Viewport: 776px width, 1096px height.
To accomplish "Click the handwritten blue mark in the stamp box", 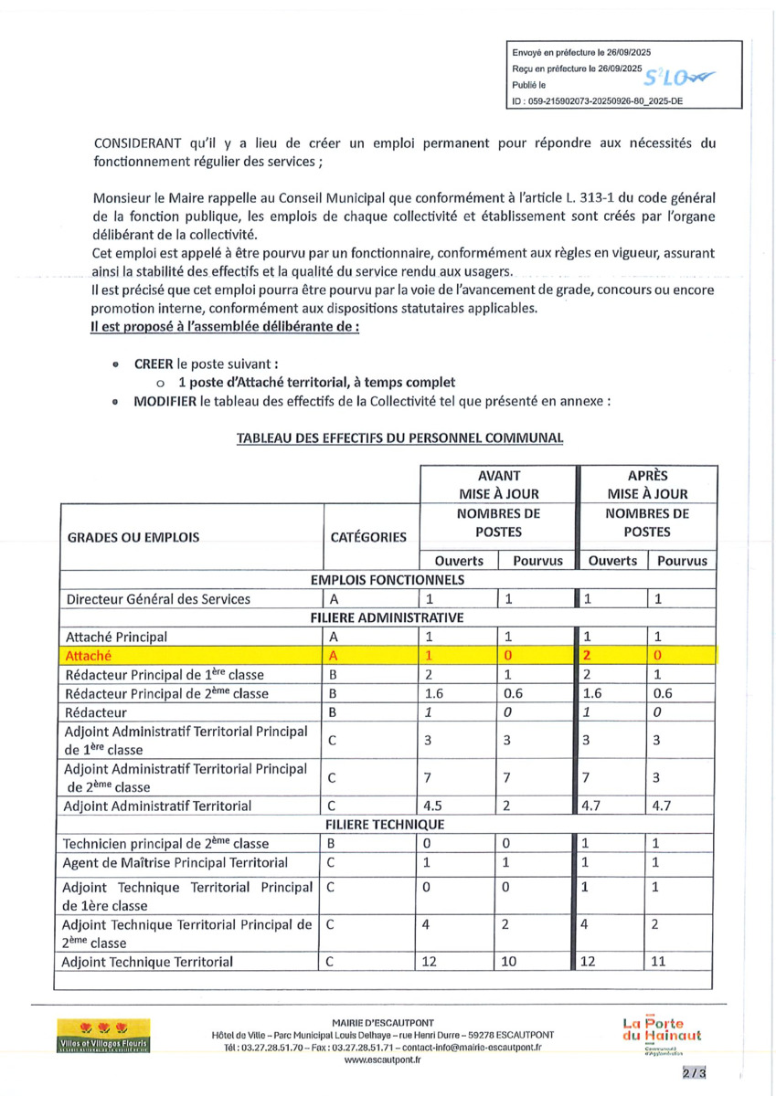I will click(x=675, y=79).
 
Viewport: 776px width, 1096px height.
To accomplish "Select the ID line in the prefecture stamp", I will click(x=598, y=103).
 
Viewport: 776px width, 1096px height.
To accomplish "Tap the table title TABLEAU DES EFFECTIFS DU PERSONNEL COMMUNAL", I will click(x=400, y=437).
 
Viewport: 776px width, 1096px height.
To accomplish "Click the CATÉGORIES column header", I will click(x=368, y=537).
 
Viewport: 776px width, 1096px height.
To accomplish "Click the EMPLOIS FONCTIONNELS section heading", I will click(x=388, y=579).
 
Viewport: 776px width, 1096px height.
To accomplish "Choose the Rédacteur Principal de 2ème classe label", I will click(x=164, y=693).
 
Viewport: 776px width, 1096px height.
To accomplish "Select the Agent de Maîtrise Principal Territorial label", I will click(x=175, y=862).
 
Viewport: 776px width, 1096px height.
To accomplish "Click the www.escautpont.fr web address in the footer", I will click(x=382, y=1060).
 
